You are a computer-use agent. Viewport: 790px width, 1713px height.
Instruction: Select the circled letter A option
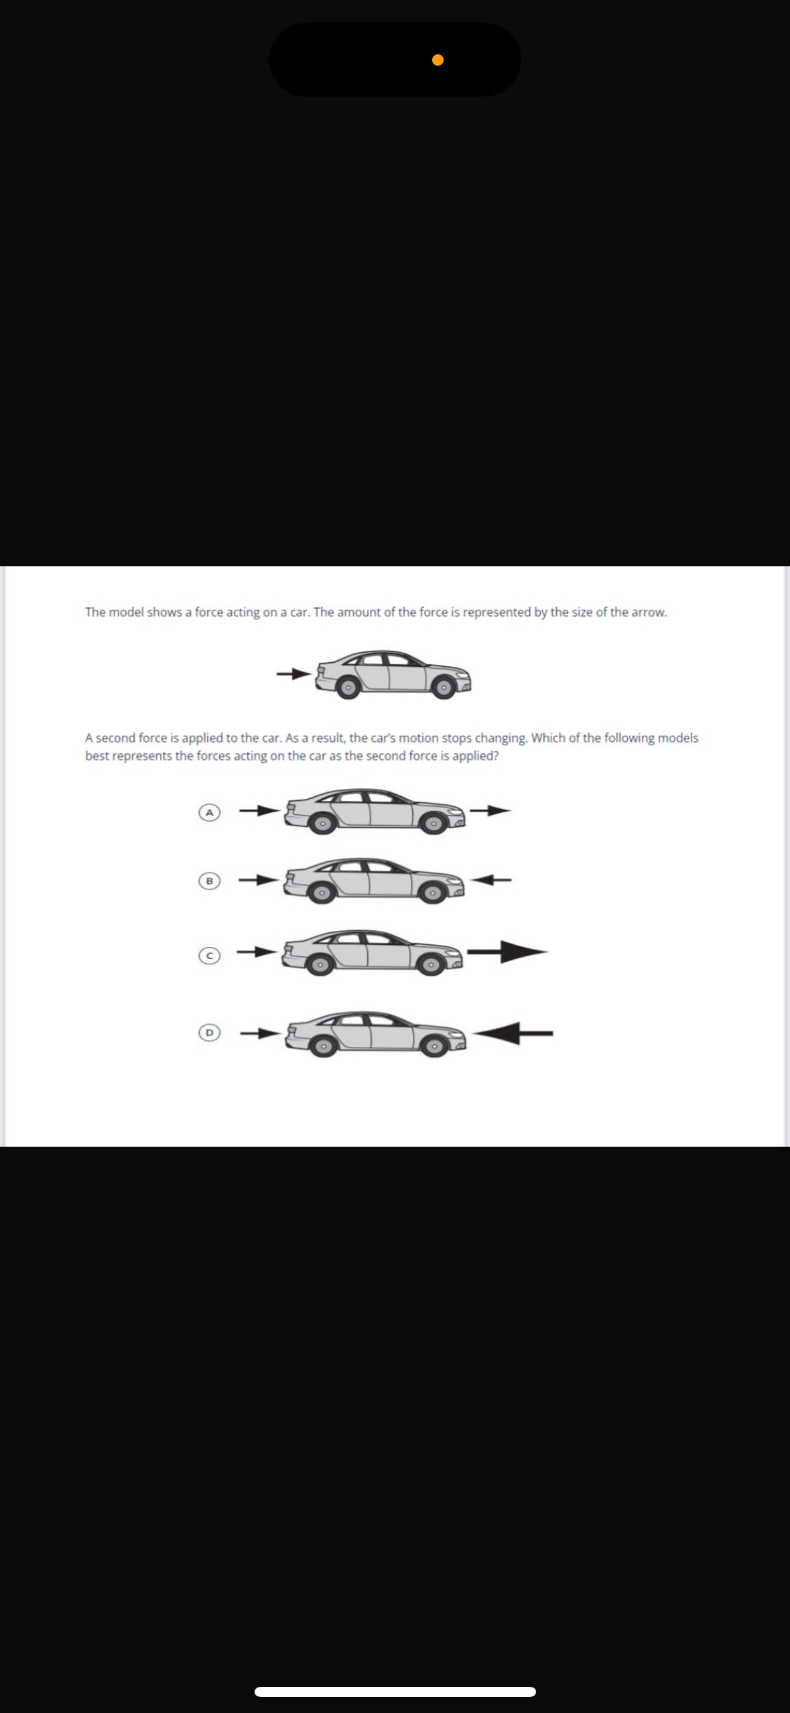point(209,812)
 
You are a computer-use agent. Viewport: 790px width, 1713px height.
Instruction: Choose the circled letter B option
point(209,881)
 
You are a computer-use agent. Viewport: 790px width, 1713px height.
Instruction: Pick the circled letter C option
point(209,956)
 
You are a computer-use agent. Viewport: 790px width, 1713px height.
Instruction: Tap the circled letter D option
point(209,1033)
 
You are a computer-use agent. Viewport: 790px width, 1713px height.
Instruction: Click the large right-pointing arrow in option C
point(507,951)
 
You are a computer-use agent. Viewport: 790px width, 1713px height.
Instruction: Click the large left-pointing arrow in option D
point(513,1033)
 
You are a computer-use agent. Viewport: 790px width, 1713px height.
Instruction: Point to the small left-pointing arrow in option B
point(492,879)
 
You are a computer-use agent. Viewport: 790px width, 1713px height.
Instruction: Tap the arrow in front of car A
point(490,811)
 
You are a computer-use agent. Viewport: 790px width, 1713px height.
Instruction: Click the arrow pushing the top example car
point(294,673)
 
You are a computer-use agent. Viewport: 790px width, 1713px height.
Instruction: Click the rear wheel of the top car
point(348,687)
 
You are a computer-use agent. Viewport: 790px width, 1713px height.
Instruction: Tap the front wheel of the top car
point(443,687)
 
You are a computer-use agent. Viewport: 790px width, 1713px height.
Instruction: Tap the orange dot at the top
point(438,60)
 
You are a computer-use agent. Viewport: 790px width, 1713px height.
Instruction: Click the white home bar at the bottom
point(395,1692)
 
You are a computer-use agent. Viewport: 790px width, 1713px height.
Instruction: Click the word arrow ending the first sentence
point(649,612)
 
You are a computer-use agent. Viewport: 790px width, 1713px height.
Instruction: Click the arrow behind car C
point(257,951)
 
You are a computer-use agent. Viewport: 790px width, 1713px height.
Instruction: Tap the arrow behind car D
point(259,1033)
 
